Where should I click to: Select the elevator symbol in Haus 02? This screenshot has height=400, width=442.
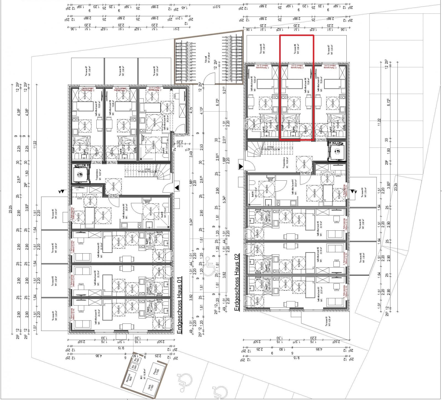coord(338,151)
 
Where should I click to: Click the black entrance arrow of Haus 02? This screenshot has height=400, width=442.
coord(241,166)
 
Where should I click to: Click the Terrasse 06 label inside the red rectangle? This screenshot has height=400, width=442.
coord(296,49)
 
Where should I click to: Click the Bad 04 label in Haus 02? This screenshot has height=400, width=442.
coord(253,194)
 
